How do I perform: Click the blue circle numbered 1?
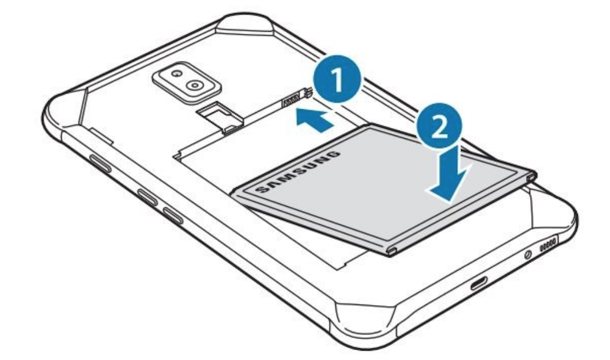[x=337, y=79]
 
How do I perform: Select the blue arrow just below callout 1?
[x=314, y=120]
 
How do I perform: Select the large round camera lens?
[x=194, y=85]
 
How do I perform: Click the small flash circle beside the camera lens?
[x=178, y=73]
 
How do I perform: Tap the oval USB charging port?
[x=479, y=283]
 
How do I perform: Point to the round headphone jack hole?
[x=528, y=255]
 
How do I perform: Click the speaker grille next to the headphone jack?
[x=548, y=244]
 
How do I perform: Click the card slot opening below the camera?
[x=221, y=115]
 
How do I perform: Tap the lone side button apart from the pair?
[x=101, y=164]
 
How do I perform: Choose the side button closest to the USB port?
[x=173, y=215]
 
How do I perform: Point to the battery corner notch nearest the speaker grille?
[x=532, y=176]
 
